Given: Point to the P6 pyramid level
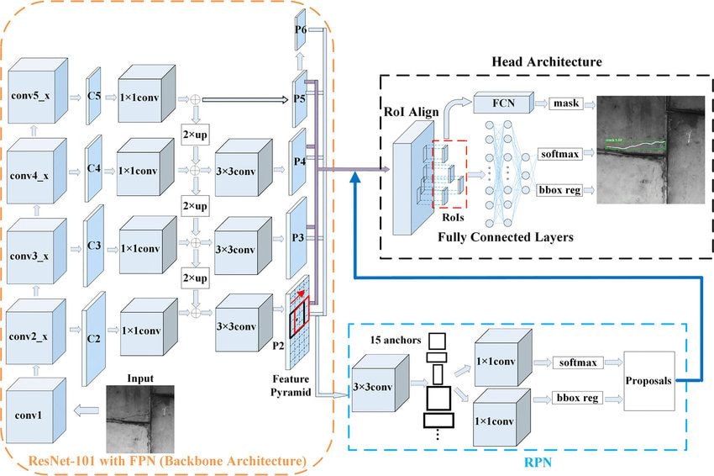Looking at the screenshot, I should coord(300,30).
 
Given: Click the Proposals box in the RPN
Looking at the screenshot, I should coord(649,380).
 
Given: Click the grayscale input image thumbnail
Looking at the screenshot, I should coord(141,420).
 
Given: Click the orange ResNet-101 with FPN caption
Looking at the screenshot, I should coord(166,460).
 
